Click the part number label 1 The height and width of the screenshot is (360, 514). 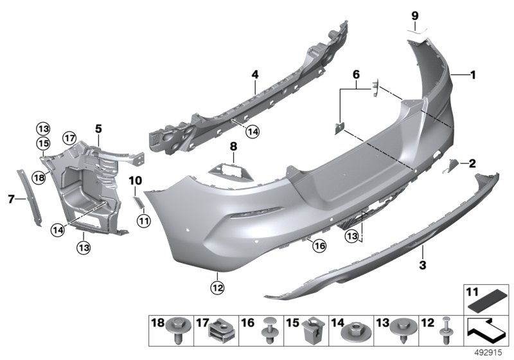point(472,75)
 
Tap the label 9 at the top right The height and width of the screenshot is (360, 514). point(414,15)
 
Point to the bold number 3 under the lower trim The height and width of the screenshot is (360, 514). point(422,264)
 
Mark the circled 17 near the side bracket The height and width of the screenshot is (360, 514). point(69,137)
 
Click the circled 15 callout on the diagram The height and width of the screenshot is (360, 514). point(42,142)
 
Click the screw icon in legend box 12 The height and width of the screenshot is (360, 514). point(443,332)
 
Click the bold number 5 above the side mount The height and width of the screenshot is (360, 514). point(98,129)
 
